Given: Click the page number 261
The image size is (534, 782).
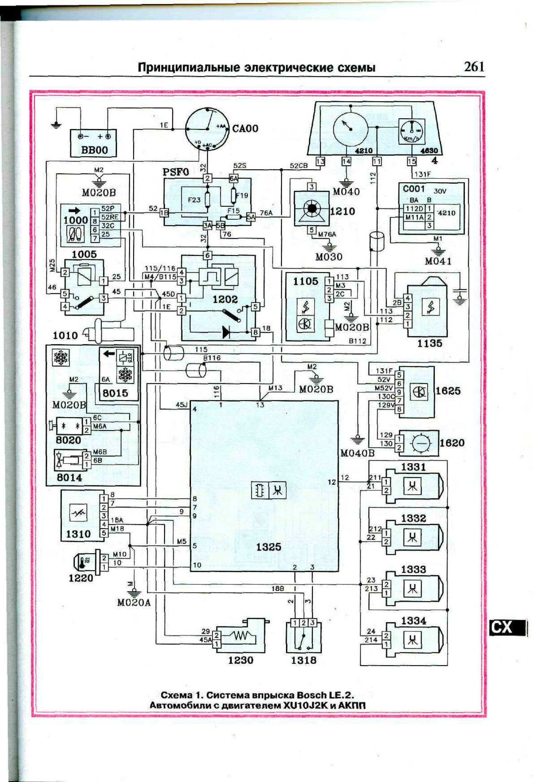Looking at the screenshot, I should coord(474,67).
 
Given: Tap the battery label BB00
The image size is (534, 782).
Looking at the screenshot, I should coord(95,150).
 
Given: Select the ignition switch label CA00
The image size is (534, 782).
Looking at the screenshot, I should coord(245,128).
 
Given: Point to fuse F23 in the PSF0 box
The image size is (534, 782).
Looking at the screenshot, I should coord(207,200).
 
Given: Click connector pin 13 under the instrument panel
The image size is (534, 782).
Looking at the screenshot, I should coord(320,162).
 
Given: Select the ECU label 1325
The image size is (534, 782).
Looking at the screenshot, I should coord(268,547).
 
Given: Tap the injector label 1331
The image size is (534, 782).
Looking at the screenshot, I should coord(413,467).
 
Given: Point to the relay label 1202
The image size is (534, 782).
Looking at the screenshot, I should coord(225,299).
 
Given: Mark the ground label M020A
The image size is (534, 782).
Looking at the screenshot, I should coord(134,603).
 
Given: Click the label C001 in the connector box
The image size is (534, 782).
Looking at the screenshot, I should coord(414,189).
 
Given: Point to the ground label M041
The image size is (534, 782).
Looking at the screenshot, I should coord(438,261).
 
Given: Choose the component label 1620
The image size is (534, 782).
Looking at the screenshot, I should coord(452,443).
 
